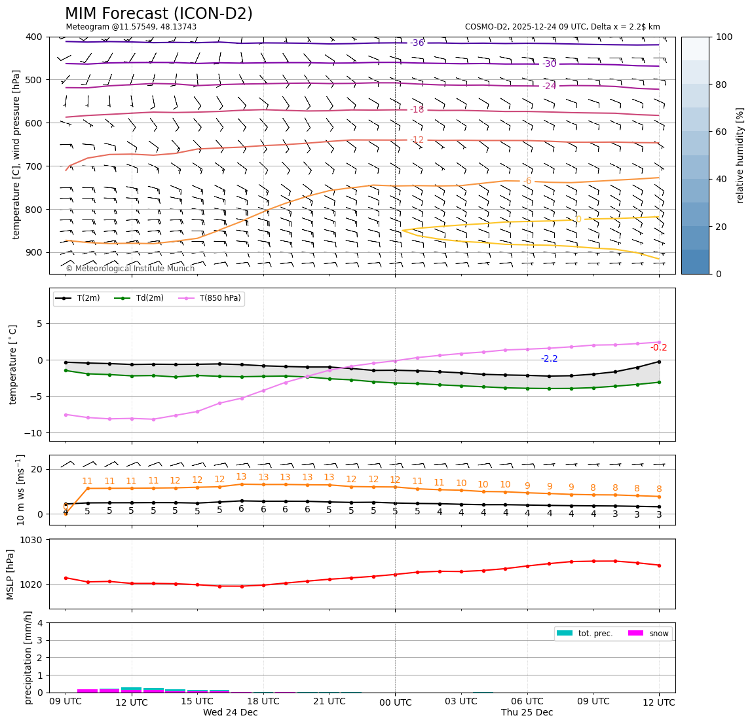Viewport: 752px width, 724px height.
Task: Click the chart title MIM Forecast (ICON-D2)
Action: coord(159,14)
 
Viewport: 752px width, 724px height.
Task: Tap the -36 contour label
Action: coord(417,43)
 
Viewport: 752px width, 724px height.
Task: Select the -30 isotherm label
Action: coord(549,64)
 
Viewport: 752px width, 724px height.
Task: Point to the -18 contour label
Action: coord(417,110)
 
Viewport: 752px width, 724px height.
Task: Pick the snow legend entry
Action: coord(649,634)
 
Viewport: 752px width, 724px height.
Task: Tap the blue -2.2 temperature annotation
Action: coord(549,359)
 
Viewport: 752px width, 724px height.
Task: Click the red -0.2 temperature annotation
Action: coord(658,348)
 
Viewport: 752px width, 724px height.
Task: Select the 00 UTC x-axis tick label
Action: coord(396,702)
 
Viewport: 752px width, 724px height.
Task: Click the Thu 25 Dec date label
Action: coord(527,713)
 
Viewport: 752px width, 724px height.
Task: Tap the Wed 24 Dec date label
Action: coord(230,713)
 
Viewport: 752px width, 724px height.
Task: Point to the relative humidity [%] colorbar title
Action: coord(741,155)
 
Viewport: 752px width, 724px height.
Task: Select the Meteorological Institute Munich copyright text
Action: coord(130,269)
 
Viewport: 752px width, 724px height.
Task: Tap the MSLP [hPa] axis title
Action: coord(10,575)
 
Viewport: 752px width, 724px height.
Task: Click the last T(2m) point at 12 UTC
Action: coord(658,362)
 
